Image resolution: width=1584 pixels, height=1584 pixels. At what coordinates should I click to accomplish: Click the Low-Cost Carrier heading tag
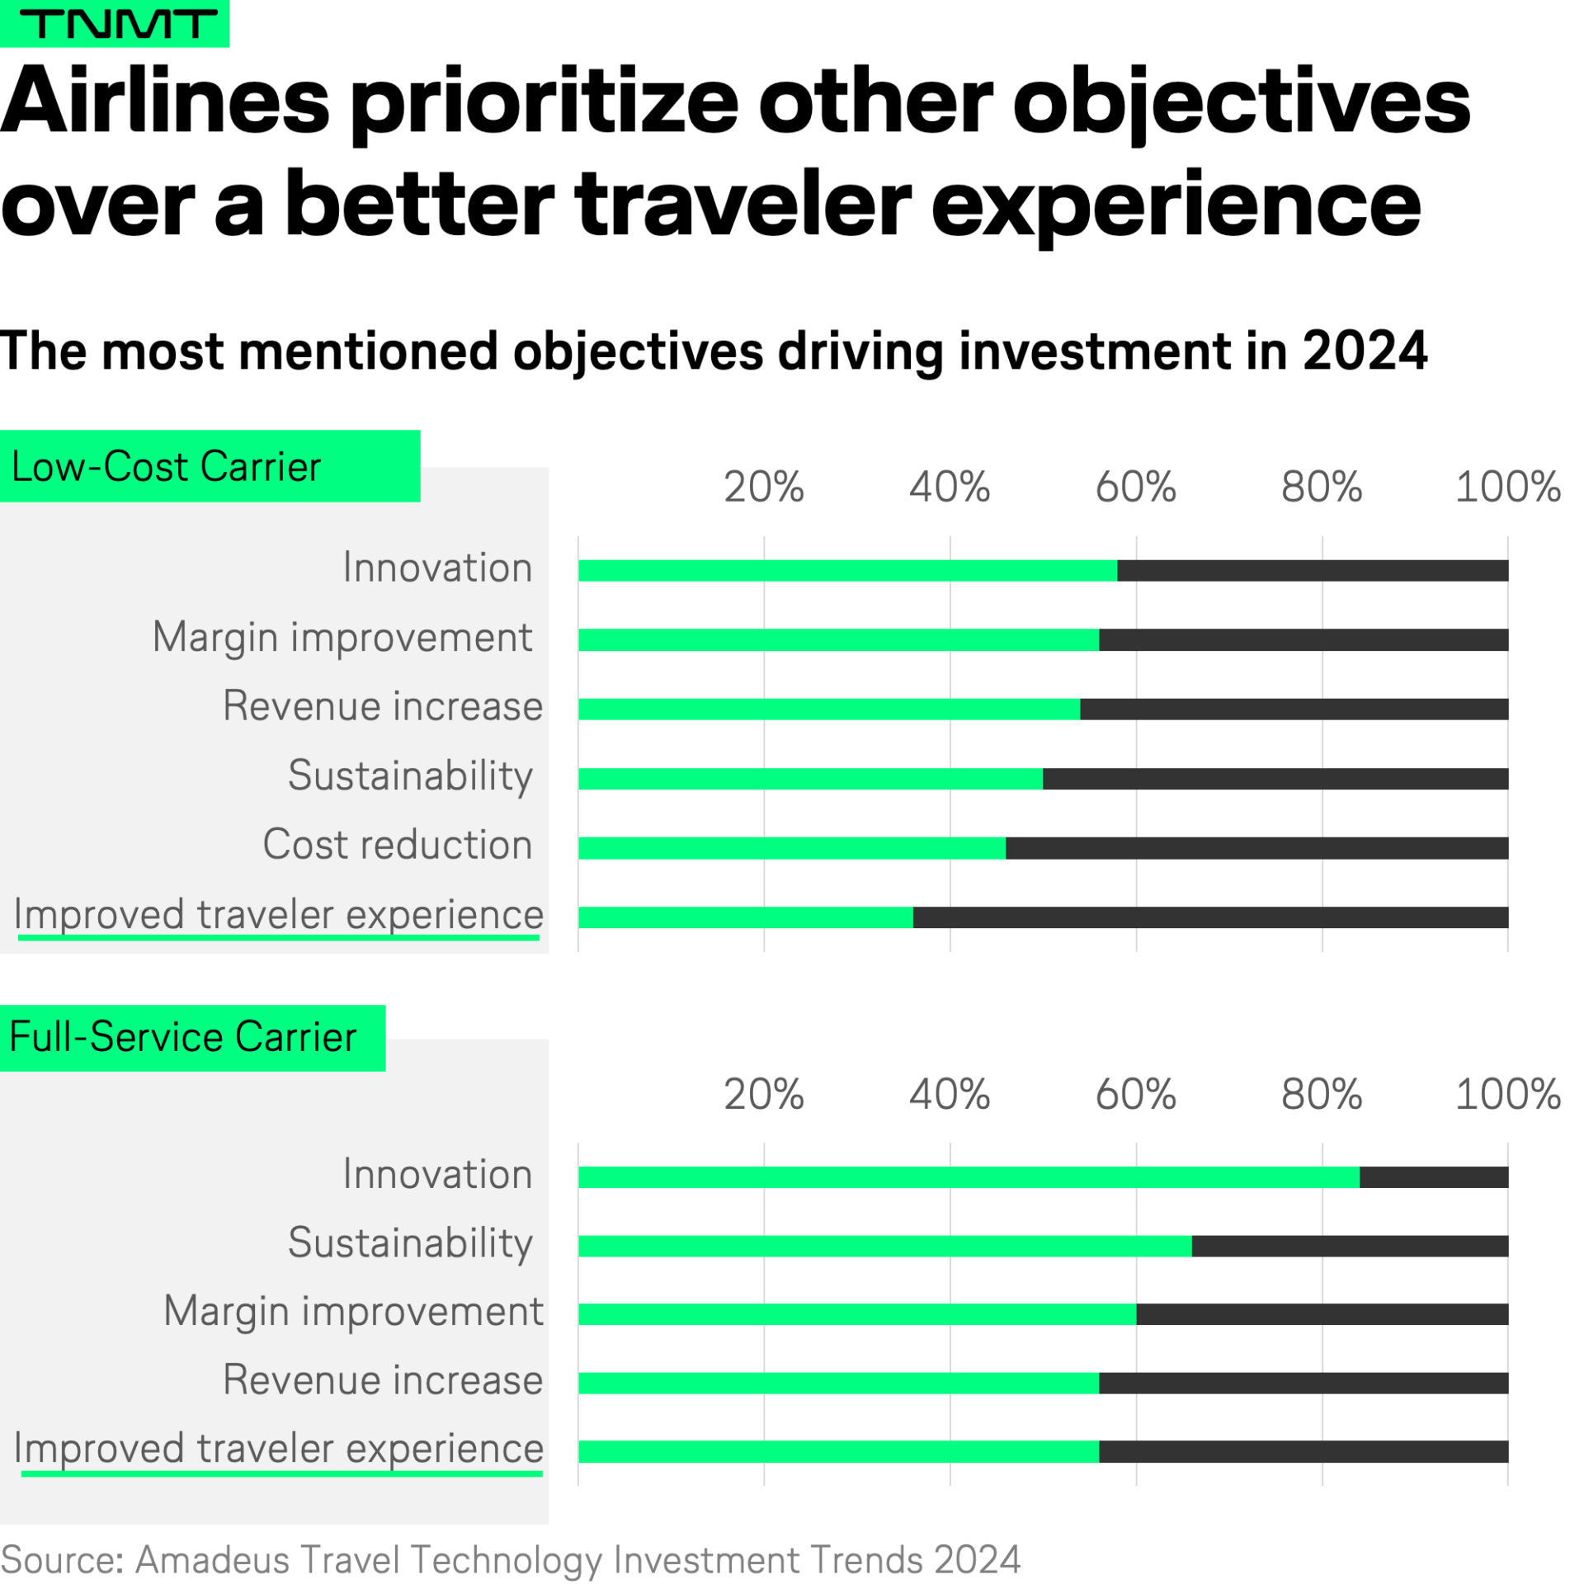tap(210, 466)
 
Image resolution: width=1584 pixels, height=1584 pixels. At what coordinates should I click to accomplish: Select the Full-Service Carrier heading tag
tap(191, 1037)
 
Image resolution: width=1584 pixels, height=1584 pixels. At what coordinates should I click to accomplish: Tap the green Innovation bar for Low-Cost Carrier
tap(847, 570)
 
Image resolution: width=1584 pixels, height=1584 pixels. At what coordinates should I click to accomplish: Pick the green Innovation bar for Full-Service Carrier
tap(968, 1176)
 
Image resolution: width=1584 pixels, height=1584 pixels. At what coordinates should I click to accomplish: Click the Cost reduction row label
tap(397, 845)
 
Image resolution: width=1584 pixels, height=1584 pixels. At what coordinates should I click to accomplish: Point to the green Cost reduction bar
tap(791, 847)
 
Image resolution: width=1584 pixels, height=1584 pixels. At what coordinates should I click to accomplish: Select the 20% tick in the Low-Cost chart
tap(763, 487)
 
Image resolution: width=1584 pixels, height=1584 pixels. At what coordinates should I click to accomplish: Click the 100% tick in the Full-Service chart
tap(1506, 1094)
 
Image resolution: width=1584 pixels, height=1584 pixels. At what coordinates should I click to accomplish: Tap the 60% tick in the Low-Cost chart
tap(1135, 487)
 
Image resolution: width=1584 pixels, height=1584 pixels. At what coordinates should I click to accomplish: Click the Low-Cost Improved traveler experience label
tap(279, 914)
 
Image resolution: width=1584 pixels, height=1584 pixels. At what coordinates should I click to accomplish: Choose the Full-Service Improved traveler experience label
tap(279, 1448)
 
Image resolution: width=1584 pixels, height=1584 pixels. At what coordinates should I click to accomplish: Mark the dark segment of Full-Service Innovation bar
tap(1433, 1176)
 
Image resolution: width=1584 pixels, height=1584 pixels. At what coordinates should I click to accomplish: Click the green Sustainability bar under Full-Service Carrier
tap(884, 1246)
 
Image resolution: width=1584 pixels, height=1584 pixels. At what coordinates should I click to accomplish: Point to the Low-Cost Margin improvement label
tap(342, 638)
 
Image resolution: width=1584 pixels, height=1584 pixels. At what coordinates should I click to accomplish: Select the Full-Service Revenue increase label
tap(383, 1379)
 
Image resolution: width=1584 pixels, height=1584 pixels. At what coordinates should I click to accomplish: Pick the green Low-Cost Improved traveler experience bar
tap(745, 917)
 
